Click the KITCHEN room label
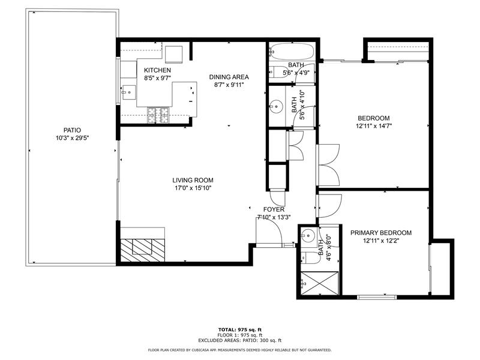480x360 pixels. [157, 70]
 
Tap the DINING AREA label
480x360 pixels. [229, 77]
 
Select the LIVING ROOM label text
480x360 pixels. [193, 180]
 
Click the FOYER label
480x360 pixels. [274, 209]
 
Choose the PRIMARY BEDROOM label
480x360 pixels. [381, 233]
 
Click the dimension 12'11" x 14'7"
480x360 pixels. [374, 126]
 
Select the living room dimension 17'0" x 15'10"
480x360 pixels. [193, 188]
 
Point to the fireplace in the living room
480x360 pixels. [142, 247]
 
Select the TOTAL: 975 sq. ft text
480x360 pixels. [240, 329]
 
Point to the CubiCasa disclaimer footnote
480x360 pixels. [240, 350]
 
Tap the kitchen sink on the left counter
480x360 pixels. [128, 92]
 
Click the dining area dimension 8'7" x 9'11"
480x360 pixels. [229, 85]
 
